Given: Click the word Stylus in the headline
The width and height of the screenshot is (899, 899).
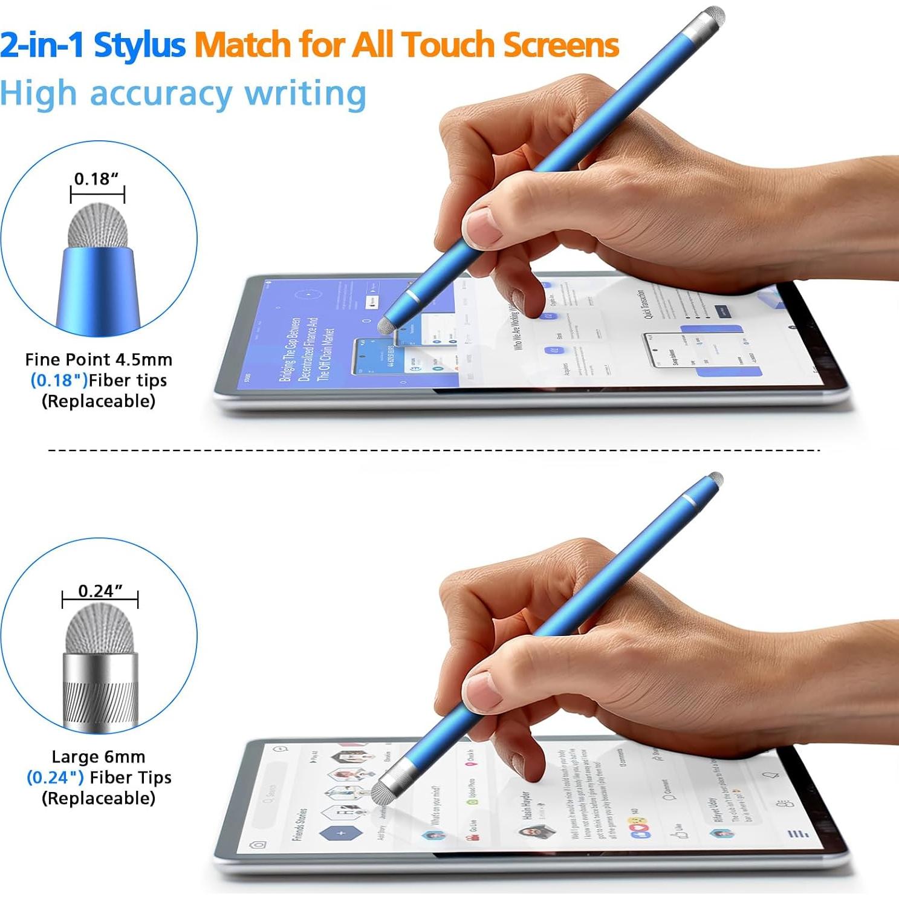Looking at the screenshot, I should tap(140, 45).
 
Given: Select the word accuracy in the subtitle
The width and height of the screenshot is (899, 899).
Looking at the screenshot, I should tap(161, 95).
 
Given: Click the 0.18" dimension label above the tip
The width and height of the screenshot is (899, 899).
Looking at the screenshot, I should tap(96, 179).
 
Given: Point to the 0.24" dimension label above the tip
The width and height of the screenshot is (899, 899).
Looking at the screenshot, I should tap(100, 591).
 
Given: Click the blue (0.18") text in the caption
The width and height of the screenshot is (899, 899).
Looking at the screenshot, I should tap(59, 380).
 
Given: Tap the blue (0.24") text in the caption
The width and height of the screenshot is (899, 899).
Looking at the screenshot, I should tap(55, 777).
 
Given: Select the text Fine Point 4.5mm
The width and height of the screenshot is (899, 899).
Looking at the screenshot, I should tap(99, 360).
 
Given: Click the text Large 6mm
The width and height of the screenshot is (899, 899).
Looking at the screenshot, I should tap(99, 757).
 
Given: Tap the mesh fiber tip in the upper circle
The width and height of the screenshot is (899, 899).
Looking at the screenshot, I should tap(98, 227).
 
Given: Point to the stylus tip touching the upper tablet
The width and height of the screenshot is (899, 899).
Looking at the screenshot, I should tap(385, 326).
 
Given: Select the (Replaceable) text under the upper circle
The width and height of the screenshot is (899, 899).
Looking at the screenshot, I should tap(99, 401).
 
